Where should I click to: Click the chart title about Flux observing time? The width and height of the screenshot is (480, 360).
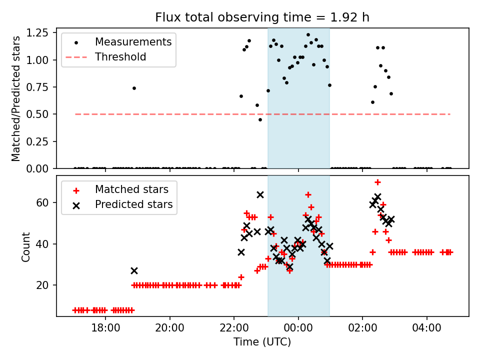pyautogui.click(x=262, y=17)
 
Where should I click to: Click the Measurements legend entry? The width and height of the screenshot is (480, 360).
pyautogui.click(x=133, y=41)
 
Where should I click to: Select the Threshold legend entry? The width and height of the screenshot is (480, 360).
pyautogui.click(x=120, y=57)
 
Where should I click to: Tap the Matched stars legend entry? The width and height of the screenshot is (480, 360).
pyautogui.click(x=131, y=189)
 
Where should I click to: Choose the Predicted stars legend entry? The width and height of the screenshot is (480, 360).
pyautogui.click(x=133, y=204)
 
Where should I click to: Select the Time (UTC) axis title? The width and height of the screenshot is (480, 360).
pyautogui.click(x=262, y=342)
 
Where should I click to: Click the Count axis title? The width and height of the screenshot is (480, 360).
pyautogui.click(x=25, y=246)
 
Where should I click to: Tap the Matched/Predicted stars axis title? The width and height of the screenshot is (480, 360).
pyautogui.click(x=16, y=98)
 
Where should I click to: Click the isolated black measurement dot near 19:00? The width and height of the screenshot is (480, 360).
pyautogui.click(x=134, y=88)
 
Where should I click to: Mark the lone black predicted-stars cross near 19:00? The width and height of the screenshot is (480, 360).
pyautogui.click(x=134, y=270)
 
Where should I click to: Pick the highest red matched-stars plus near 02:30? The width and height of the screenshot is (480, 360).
pyautogui.click(x=377, y=182)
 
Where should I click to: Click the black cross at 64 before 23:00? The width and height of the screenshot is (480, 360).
pyautogui.click(x=260, y=194)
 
